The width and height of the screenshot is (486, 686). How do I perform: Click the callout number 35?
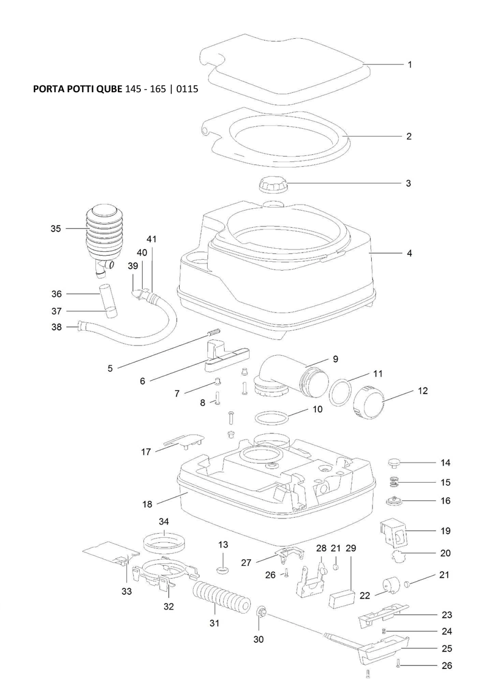coord(55,229)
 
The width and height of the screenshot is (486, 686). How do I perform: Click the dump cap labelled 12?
coord(368,401)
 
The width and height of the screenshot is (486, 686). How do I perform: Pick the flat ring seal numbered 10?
coord(270,419)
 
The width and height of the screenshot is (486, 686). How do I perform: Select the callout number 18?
coord(147,503)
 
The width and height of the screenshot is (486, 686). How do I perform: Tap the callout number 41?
coord(151,239)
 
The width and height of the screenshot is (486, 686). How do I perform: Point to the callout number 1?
coord(409,64)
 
